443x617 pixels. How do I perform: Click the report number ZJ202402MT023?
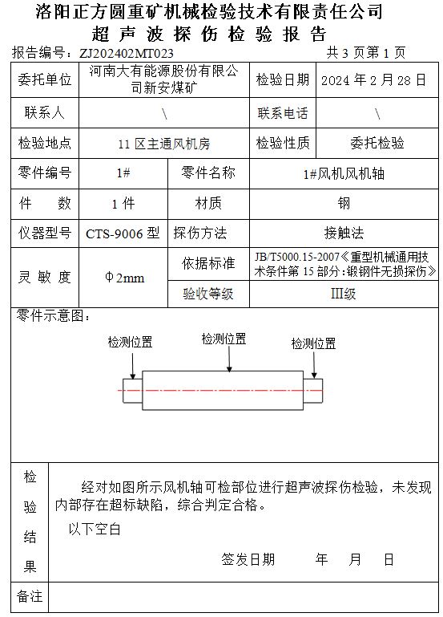click(x=126, y=53)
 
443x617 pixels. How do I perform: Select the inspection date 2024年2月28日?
click(x=373, y=80)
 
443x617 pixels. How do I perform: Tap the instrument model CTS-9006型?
click(x=123, y=233)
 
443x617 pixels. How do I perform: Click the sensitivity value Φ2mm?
click(x=124, y=278)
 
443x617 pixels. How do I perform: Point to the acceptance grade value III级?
click(x=343, y=294)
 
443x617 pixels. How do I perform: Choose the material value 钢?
click(x=344, y=204)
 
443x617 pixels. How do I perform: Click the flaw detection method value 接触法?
click(x=344, y=233)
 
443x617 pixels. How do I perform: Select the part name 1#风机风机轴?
click(x=344, y=173)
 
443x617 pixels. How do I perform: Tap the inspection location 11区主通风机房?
click(x=164, y=144)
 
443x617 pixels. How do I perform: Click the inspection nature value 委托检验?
click(x=377, y=143)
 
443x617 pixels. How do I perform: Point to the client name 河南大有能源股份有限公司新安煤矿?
click(x=163, y=79)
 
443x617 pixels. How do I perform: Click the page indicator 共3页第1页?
click(x=366, y=52)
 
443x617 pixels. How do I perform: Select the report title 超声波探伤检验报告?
click(x=209, y=35)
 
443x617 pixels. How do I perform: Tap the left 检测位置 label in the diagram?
click(x=130, y=342)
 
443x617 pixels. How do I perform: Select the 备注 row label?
click(x=30, y=596)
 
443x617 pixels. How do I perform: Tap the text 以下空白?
click(x=95, y=530)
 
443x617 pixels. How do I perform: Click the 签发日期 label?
click(x=248, y=559)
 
